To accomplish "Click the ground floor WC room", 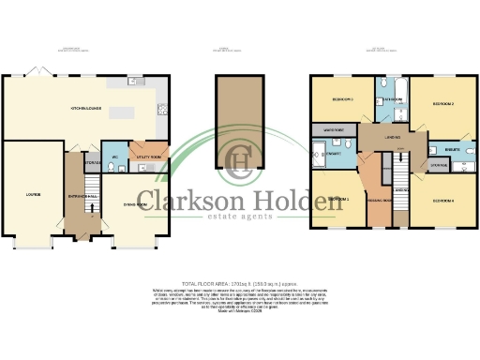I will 113,160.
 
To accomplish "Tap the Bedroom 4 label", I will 442,200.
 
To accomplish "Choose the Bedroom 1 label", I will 338,200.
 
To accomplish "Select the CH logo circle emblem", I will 242,162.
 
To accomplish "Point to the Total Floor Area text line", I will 239,282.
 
